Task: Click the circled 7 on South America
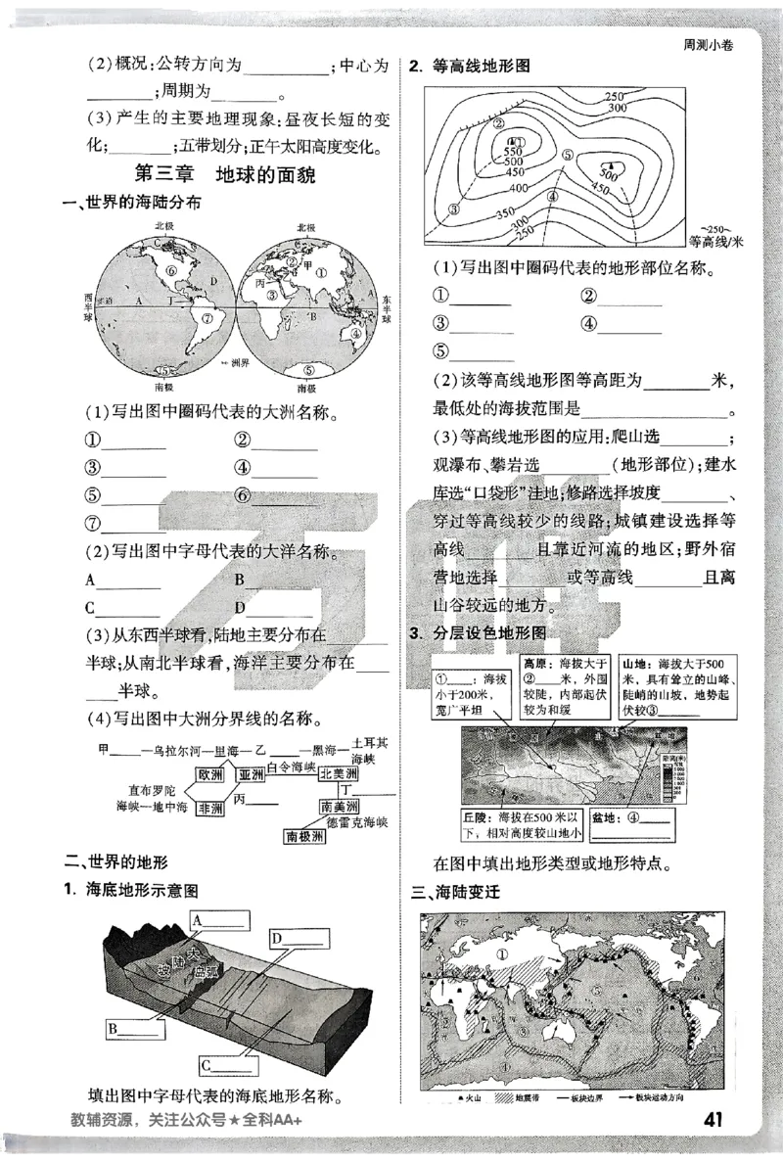coord(207,317)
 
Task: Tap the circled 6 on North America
coord(171,269)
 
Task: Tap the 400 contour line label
coord(520,188)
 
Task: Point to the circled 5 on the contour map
coord(568,156)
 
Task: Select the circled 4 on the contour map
coord(553,195)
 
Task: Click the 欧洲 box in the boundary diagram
coord(210,775)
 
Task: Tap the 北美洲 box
coord(338,773)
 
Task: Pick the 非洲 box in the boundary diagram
coord(210,809)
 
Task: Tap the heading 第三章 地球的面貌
coord(235,176)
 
